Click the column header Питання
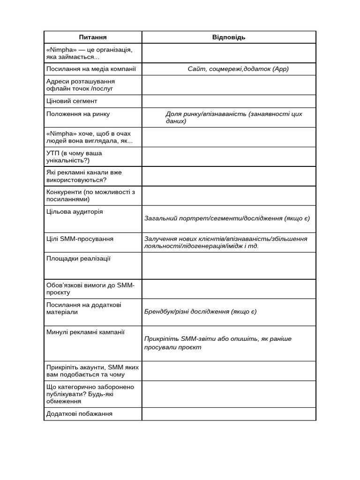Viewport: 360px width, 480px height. [93, 37]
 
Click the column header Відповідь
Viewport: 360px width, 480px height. [229, 37]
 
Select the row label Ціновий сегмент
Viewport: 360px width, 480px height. [72, 101]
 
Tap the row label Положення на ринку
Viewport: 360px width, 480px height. [78, 113]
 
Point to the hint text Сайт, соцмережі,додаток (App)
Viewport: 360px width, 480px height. [238, 69]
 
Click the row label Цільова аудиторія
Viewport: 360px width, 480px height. [75, 211]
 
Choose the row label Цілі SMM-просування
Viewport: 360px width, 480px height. [80, 239]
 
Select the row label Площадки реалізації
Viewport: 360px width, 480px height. [78, 258]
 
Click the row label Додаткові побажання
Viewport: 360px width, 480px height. [79, 413]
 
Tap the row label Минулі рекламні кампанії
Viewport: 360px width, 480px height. [85, 332]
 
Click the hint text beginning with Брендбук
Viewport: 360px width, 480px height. [200, 312]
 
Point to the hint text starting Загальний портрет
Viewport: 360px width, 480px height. [227, 218]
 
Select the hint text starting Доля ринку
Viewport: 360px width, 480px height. [233, 117]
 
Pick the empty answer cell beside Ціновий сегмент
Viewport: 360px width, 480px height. [229, 101]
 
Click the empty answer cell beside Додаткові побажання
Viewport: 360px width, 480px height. [229, 414]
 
